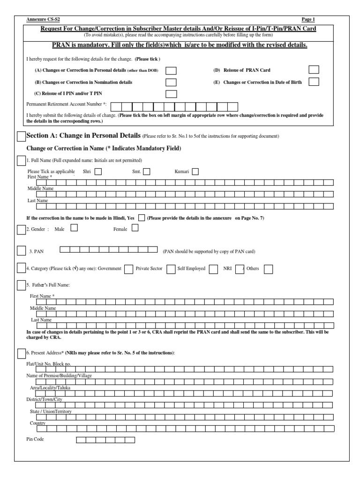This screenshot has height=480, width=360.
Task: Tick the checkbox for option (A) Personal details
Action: (x=172, y=71)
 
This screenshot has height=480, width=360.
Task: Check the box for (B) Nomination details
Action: (x=172, y=82)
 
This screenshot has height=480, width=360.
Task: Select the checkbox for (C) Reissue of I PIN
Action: (x=172, y=94)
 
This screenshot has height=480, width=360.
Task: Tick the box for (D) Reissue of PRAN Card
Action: (x=314, y=70)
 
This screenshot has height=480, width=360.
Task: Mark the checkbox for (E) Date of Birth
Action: (x=314, y=82)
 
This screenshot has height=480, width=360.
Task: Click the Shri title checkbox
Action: (x=98, y=172)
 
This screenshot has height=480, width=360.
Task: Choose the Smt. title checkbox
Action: (x=147, y=172)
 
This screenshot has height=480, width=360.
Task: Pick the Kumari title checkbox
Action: (x=195, y=172)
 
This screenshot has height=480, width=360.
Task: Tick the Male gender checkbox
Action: (x=74, y=228)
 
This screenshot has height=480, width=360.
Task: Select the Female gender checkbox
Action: (x=135, y=228)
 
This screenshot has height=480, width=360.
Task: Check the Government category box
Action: (x=128, y=269)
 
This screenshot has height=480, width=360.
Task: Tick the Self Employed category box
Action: (x=213, y=269)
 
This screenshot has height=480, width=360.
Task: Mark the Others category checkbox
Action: (x=268, y=269)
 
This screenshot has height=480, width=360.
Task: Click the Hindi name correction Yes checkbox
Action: (x=142, y=217)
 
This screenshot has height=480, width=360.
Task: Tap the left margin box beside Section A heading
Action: (x=21, y=136)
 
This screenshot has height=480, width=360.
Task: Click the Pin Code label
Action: (x=36, y=440)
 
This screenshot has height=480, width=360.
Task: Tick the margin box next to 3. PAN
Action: (x=22, y=251)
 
